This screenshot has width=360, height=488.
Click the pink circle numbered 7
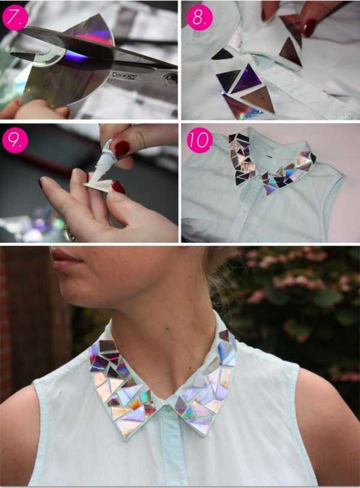[x=14, y=17]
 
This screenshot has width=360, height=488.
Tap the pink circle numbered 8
[x=199, y=17]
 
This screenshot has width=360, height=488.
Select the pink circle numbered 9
[x=15, y=140]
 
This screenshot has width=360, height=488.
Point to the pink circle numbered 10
[x=199, y=140]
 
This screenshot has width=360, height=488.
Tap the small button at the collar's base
[x=169, y=407]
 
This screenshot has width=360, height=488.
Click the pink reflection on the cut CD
[x=94, y=37]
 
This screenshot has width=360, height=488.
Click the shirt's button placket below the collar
[x=172, y=448]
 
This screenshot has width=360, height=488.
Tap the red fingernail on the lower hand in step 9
[x=118, y=187]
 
